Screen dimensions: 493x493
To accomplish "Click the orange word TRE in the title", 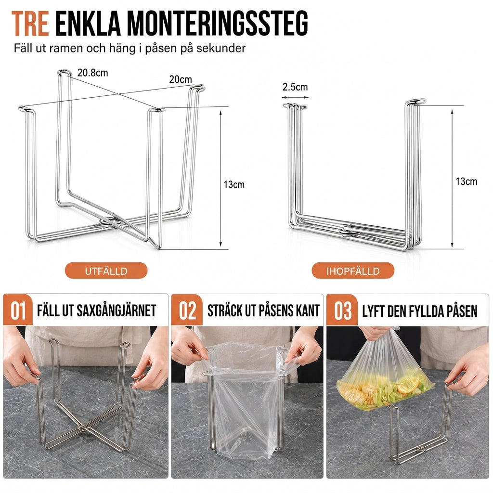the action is click(x=30, y=23).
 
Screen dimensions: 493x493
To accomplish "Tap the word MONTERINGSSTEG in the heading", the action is click(x=217, y=23).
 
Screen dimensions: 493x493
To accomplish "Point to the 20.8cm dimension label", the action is click(x=92, y=73).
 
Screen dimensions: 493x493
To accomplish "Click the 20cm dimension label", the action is click(x=181, y=79).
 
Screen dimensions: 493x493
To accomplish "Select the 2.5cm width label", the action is click(x=295, y=87).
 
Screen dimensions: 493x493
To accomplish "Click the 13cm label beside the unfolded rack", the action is click(x=234, y=184).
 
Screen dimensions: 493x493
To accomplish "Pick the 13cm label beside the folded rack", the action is click(x=466, y=181).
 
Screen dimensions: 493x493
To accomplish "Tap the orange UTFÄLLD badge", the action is click(x=106, y=271).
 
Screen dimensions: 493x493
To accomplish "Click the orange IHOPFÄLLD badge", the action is click(x=353, y=271).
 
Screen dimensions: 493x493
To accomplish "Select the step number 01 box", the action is click(x=18, y=310).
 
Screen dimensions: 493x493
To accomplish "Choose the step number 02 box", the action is click(x=187, y=310).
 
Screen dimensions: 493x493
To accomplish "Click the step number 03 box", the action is click(x=342, y=310).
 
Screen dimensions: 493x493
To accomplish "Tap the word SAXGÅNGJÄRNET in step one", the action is click(x=117, y=311).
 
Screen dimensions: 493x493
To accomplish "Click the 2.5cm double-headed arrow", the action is click(x=295, y=97).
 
